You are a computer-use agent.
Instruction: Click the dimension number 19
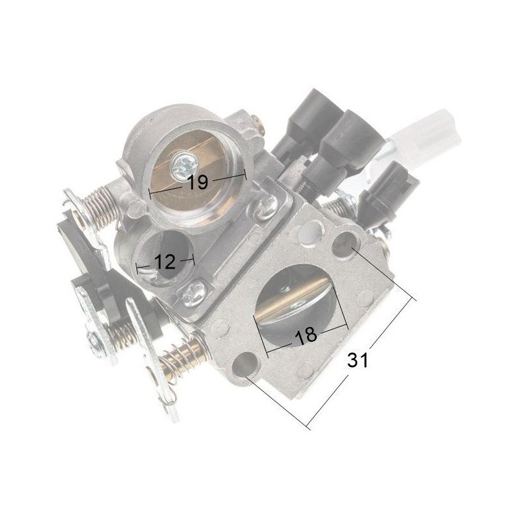click(x=198, y=182)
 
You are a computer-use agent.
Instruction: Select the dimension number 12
click(x=165, y=262)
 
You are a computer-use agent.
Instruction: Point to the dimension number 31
click(x=357, y=360)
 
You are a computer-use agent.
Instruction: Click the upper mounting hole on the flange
click(x=344, y=244)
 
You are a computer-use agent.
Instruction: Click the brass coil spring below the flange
click(x=182, y=359)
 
